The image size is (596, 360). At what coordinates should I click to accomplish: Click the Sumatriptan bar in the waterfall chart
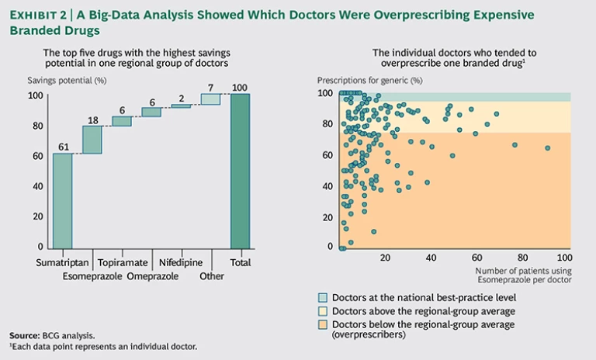pyautogui.click(x=63, y=200)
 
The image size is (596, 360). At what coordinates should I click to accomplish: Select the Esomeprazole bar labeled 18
pyautogui.click(x=92, y=140)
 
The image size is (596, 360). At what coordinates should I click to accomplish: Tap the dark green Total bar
pyautogui.click(x=241, y=171)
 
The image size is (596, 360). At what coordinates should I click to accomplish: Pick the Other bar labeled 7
pyautogui.click(x=210, y=99)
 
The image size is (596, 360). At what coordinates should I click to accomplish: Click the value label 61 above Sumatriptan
pyautogui.click(x=63, y=145)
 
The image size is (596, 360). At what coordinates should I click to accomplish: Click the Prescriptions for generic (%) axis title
pyautogui.click(x=370, y=81)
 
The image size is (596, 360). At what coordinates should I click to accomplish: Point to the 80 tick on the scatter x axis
pyautogui.click(x=522, y=258)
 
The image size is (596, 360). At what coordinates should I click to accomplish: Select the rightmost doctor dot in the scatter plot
pyautogui.click(x=548, y=147)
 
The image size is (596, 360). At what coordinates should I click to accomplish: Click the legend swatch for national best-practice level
pyautogui.click(x=324, y=297)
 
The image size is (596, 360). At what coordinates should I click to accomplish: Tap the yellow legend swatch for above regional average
pyautogui.click(x=324, y=310)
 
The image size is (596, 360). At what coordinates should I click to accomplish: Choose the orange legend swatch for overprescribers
pyautogui.click(x=324, y=324)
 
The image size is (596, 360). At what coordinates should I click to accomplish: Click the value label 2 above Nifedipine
pyautogui.click(x=181, y=99)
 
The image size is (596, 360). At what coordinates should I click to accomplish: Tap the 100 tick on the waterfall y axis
pyautogui.click(x=34, y=95)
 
